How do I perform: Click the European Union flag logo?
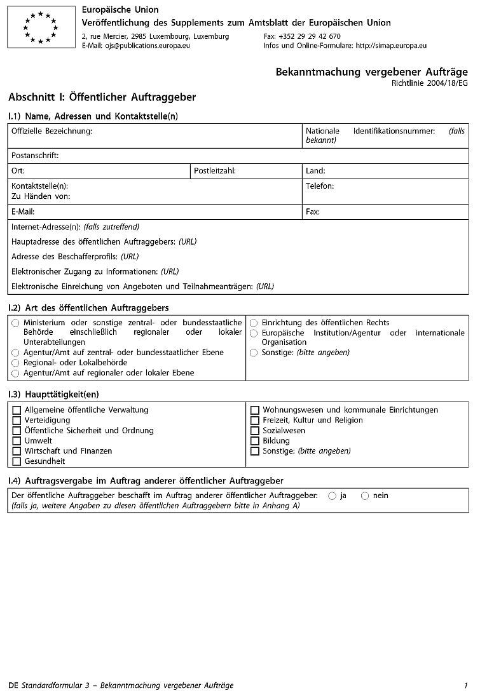[41, 27]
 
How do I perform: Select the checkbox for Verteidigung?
[17, 421]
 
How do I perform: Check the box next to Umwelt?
[17, 441]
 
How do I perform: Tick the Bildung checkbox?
[255, 441]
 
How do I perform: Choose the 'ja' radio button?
[332, 496]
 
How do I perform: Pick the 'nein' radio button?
[364, 496]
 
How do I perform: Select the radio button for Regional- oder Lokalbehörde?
[15, 363]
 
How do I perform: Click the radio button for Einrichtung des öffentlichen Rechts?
[254, 323]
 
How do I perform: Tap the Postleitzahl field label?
[215, 171]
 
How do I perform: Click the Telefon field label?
[320, 186]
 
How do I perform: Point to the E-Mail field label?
[23, 212]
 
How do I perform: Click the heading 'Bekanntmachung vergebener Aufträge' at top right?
[371, 72]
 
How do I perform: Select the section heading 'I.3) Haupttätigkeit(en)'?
[53, 395]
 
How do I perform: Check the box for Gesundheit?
[17, 461]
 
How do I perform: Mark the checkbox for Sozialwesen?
[255, 431]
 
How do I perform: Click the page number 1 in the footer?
[465, 685]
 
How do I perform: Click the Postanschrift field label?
[35, 155]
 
